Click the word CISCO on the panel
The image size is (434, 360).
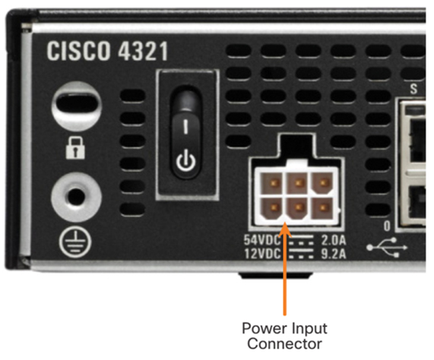click(x=78, y=51)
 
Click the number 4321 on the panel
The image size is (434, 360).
click(x=143, y=51)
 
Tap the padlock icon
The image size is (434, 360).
click(x=75, y=147)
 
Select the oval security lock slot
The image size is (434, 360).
click(x=77, y=106)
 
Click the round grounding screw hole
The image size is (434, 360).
click(x=77, y=197)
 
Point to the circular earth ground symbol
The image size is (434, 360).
click(x=75, y=242)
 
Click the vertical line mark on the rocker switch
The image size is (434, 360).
click(x=186, y=126)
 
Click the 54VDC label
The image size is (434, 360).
click(x=262, y=240)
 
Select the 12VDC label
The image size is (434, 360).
click(x=262, y=254)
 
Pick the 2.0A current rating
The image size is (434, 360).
click(x=334, y=240)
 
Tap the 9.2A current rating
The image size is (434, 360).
click(x=334, y=254)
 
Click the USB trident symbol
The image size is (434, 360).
click(x=387, y=247)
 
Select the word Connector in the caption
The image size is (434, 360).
click(x=284, y=344)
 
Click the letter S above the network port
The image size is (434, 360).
click(x=413, y=89)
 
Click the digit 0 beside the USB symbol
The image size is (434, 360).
click(x=387, y=226)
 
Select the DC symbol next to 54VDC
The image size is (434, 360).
click(x=301, y=240)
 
